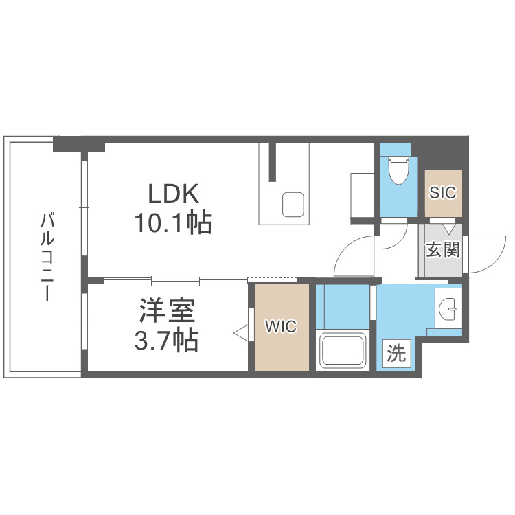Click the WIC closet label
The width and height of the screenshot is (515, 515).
pyautogui.click(x=282, y=327)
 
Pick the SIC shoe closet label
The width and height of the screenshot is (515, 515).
pyautogui.click(x=443, y=193)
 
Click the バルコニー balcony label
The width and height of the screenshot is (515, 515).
pyautogui.click(x=47, y=257)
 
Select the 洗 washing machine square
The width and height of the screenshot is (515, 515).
pyautogui.click(x=396, y=354)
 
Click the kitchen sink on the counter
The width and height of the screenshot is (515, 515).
pyautogui.click(x=294, y=205)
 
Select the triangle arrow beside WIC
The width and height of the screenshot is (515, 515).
pyautogui.click(x=241, y=332)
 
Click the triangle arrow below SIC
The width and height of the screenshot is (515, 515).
pyautogui.click(x=449, y=229)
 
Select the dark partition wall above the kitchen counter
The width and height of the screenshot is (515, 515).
pyautogui.click(x=273, y=161)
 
